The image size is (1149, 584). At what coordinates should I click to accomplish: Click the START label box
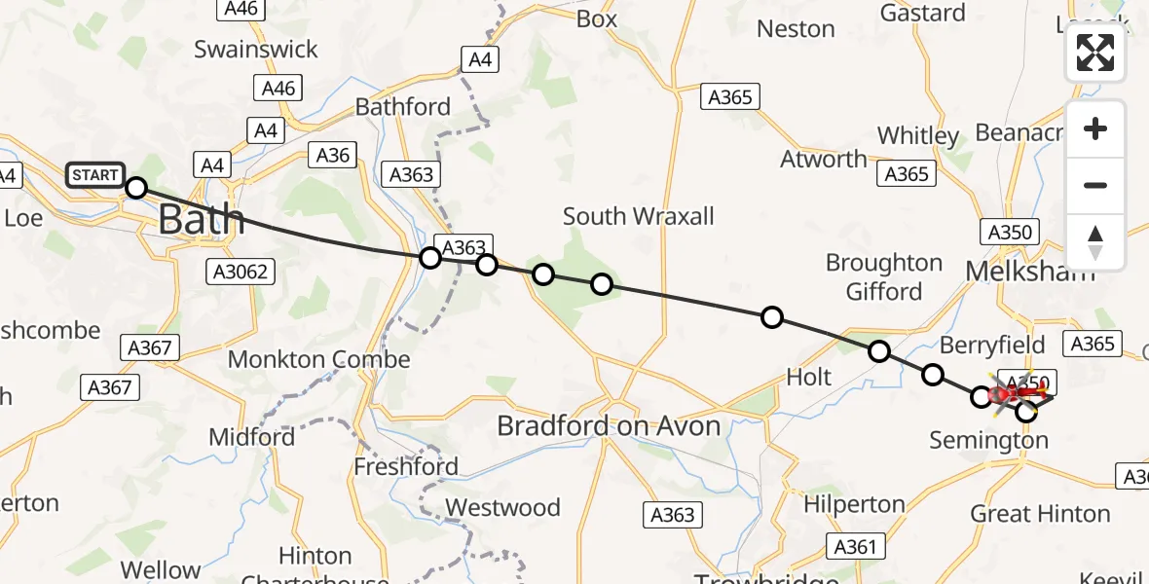click(x=94, y=175)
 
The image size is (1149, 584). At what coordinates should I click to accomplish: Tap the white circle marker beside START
click(x=136, y=187)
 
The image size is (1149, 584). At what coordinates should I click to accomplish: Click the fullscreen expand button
click(x=1095, y=53)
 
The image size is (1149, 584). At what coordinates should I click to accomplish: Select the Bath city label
click(x=201, y=219)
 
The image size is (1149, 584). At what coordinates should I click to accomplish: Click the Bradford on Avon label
click(x=609, y=425)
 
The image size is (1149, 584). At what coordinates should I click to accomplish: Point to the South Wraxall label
click(x=638, y=216)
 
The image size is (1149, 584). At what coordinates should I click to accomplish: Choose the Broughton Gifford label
click(x=884, y=277)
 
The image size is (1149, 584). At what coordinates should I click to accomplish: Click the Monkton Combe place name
click(x=319, y=359)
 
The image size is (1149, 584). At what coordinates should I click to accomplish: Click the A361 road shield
click(x=857, y=547)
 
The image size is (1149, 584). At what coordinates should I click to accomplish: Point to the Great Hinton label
click(x=1040, y=513)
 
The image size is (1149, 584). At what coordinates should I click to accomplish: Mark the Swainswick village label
click(x=256, y=49)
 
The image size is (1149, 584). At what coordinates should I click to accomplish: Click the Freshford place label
click(x=406, y=466)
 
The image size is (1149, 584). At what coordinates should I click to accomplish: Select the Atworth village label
click(x=823, y=159)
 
